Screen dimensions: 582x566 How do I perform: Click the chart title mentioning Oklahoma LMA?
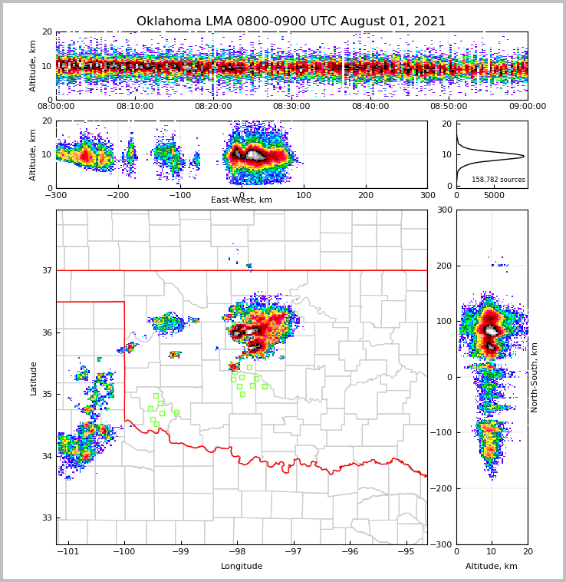pos(291,21)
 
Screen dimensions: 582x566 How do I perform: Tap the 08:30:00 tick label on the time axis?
pos(291,107)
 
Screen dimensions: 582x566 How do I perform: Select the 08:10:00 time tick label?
pos(134,107)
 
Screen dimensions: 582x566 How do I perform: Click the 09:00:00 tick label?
pos(527,107)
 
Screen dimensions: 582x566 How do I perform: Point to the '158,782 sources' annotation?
pos(499,180)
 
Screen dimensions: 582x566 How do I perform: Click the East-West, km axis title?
pos(241,200)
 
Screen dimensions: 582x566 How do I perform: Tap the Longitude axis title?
pos(241,567)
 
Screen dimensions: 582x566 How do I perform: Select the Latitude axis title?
pos(33,378)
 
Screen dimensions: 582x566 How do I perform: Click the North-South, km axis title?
pos(535,377)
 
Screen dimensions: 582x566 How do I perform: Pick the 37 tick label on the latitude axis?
pos(46,271)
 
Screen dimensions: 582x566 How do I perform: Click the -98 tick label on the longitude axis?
pos(237,551)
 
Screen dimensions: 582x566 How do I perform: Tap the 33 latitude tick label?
pos(46,518)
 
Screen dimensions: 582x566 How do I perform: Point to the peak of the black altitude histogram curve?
pos(524,156)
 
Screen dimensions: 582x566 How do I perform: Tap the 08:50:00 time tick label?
pos(449,107)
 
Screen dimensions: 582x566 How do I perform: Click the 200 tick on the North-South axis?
pos(443,266)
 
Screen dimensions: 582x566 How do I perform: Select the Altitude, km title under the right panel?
pos(491,567)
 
